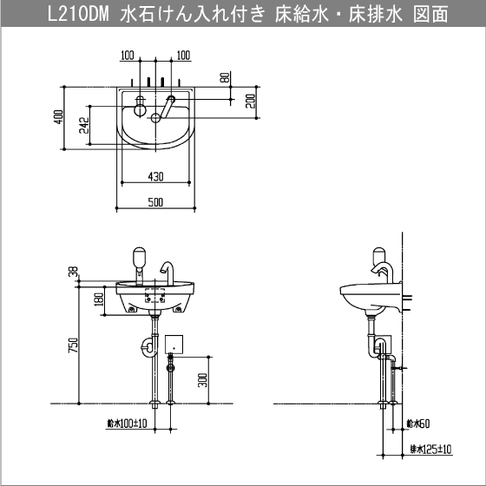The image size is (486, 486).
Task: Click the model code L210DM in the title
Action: [78, 15]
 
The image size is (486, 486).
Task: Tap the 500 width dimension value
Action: [155, 202]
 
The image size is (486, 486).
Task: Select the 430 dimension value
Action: [155, 177]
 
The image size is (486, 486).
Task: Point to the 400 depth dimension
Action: [59, 117]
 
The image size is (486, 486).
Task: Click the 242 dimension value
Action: [84, 125]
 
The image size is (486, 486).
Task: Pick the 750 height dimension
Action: [74, 345]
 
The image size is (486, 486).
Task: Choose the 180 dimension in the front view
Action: [99, 299]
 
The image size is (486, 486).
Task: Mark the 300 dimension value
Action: [202, 380]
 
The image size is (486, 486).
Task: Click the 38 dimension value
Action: [75, 272]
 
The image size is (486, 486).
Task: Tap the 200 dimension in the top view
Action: [251, 101]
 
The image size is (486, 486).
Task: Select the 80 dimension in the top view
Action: [226, 77]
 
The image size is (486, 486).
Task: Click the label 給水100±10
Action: [127, 424]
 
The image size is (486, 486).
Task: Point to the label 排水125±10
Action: [430, 450]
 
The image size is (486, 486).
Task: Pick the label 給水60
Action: [418, 424]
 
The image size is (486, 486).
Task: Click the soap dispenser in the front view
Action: [139, 266]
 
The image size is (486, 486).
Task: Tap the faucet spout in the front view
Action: [167, 273]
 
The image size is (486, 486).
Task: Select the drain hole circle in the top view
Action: [155, 117]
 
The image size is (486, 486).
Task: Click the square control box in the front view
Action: [174, 344]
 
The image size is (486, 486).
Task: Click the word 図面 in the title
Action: [430, 15]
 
